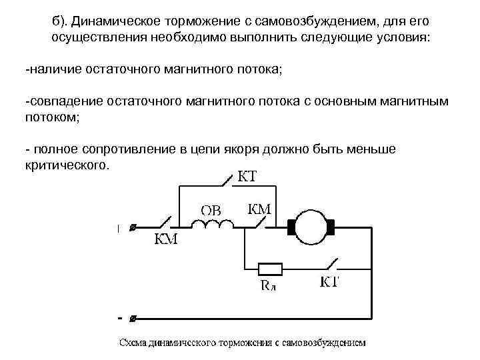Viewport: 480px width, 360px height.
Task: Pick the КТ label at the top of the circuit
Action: click(247, 177)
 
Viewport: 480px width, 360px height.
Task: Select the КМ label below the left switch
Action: click(166, 241)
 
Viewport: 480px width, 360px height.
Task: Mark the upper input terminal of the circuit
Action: click(133, 228)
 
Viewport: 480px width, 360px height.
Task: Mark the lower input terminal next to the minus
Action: click(133, 318)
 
